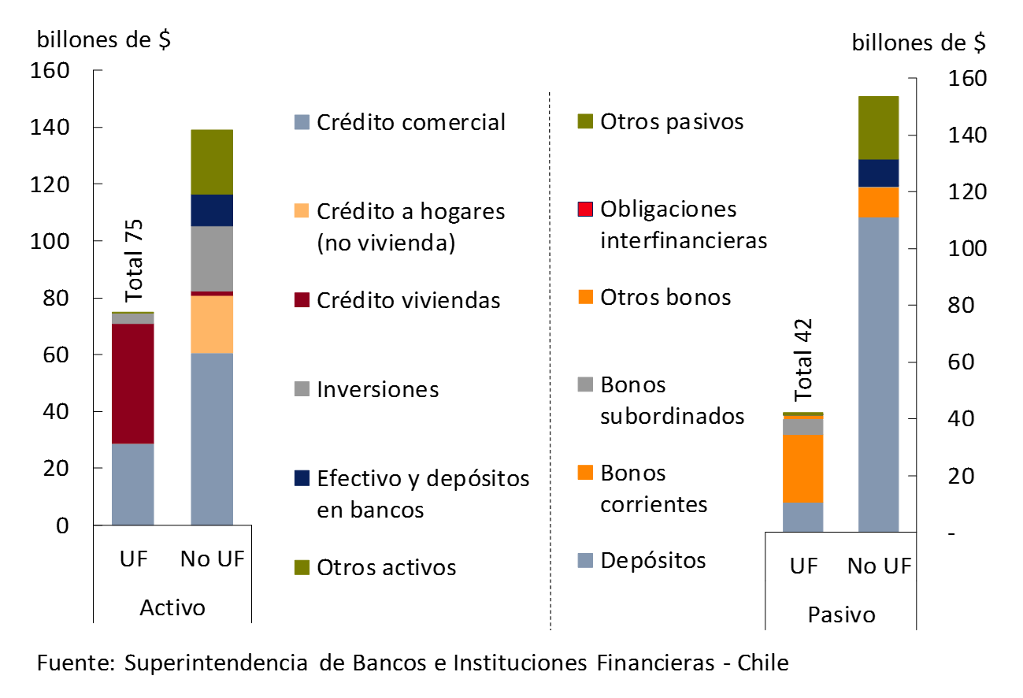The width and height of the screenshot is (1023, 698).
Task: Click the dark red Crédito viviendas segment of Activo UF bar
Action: tap(132, 384)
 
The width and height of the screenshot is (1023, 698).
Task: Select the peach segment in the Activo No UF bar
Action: tap(212, 325)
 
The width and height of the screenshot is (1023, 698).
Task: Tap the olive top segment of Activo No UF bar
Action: tap(212, 162)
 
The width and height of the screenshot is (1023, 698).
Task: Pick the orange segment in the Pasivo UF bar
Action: tap(802, 468)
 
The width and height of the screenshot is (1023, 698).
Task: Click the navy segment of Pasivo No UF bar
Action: tap(878, 173)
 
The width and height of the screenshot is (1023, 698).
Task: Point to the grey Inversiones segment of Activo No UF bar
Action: tap(212, 258)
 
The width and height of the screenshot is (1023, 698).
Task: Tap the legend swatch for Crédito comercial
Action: tap(301, 123)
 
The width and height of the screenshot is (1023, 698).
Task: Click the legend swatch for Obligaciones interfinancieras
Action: tap(584, 210)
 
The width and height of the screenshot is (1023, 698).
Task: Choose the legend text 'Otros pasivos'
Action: tap(672, 122)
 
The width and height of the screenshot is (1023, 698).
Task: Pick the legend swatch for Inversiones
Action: tap(301, 389)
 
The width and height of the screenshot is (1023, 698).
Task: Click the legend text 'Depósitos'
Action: tap(653, 560)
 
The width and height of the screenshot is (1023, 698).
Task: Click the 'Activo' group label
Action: tap(172, 608)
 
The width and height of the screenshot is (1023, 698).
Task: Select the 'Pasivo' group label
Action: tap(841, 614)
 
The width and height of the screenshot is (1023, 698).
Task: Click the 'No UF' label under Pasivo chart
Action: tap(879, 566)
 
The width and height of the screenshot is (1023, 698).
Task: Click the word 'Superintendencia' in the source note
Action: tap(216, 663)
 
